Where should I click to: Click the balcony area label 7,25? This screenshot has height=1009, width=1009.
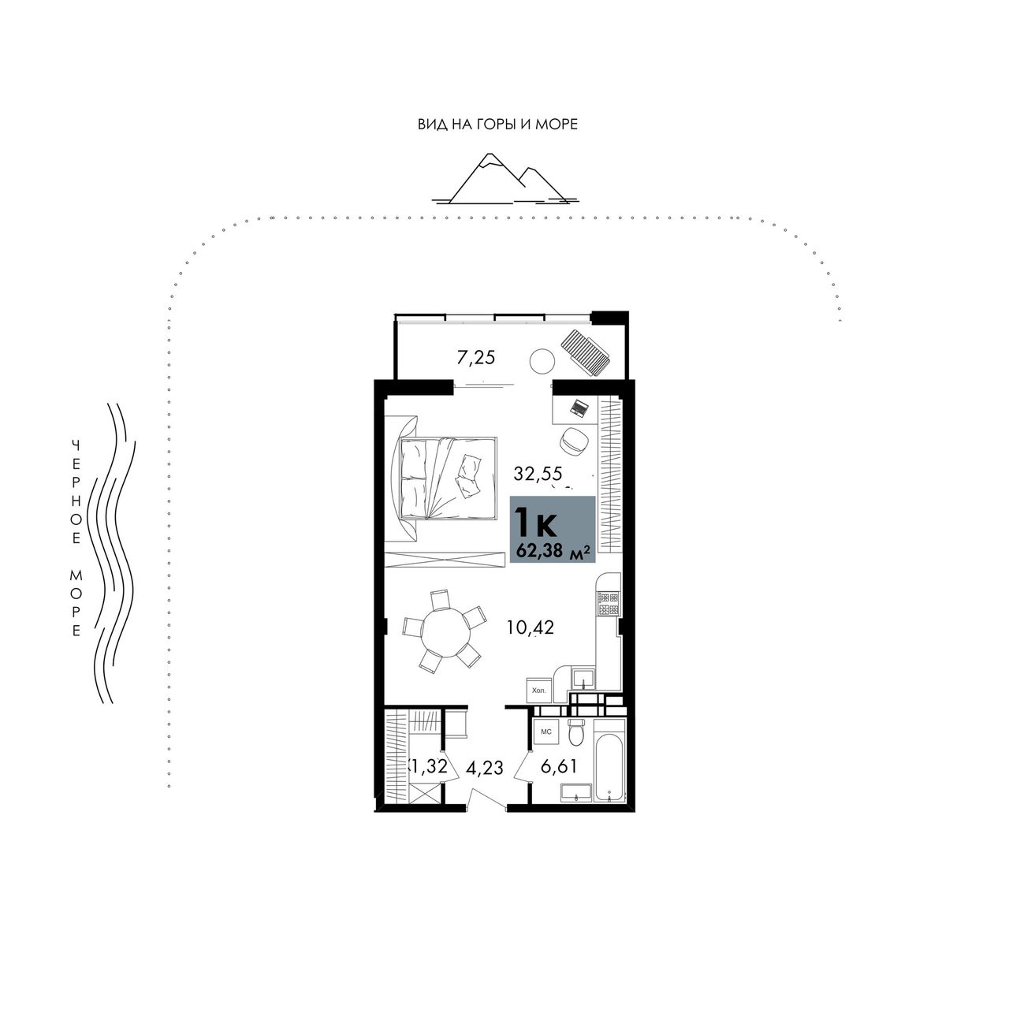tap(476, 358)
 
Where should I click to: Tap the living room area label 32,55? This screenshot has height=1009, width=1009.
tap(538, 474)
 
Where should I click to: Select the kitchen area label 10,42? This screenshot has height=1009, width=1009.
tap(530, 627)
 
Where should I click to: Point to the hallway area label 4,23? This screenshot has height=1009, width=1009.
tap(484, 768)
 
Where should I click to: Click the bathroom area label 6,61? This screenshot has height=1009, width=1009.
tap(559, 766)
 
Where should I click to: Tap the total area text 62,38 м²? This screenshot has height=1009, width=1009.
tap(553, 551)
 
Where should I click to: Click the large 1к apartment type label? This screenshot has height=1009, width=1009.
tap(536, 522)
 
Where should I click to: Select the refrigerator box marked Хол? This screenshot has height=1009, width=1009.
tap(538, 690)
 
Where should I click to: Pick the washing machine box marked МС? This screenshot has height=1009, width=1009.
tap(546, 732)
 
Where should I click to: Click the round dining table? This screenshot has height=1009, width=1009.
tap(446, 633)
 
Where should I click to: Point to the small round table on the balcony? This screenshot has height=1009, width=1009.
tap(542, 361)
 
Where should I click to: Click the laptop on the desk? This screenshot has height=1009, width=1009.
tap(579, 407)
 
